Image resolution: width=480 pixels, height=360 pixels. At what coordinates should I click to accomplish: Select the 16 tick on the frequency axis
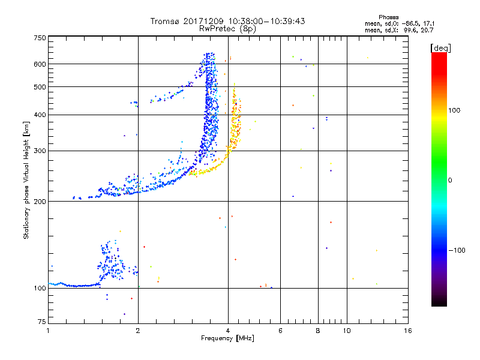[407, 331]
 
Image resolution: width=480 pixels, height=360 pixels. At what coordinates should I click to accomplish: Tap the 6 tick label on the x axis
[280, 331]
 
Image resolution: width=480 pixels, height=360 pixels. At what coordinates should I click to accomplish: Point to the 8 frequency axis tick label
[318, 331]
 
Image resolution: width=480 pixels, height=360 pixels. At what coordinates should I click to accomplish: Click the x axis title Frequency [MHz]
[227, 339]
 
